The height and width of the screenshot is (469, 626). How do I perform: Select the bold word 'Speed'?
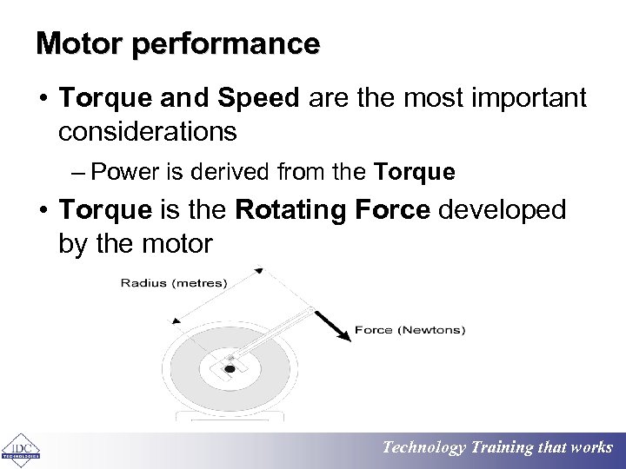(x=259, y=98)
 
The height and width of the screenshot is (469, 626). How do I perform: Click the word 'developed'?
(x=503, y=210)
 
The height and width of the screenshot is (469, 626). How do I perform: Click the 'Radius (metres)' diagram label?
(x=174, y=282)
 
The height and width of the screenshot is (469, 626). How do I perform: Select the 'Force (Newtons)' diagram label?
(x=410, y=330)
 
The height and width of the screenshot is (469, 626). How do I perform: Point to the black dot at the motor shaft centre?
(x=230, y=368)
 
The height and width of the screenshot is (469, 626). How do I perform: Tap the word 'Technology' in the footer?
(x=425, y=448)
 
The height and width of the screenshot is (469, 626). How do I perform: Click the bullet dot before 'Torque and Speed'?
(x=42, y=99)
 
